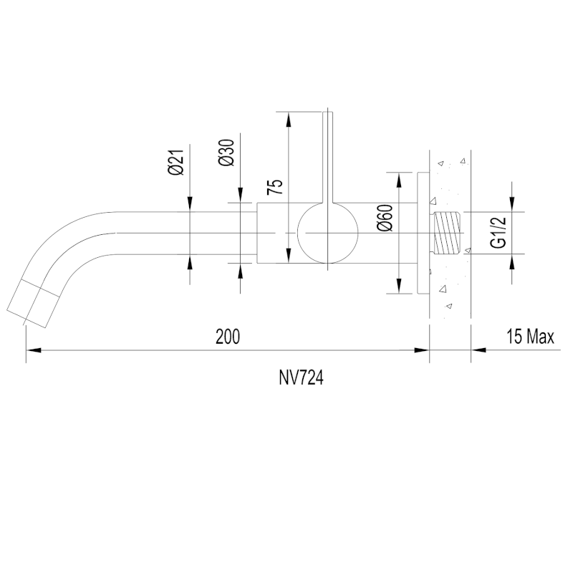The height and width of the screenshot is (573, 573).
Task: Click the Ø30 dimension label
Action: click(226, 153)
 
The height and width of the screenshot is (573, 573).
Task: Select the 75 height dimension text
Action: click(275, 187)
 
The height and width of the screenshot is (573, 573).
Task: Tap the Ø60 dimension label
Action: click(386, 218)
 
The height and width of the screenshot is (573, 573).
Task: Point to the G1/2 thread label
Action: click(499, 232)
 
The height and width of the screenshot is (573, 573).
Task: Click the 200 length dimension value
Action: click(228, 337)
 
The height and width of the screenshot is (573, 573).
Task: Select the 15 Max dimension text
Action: click(530, 336)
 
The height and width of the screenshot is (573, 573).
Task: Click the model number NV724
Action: click(301, 378)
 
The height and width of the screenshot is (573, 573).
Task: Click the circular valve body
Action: click(328, 233)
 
